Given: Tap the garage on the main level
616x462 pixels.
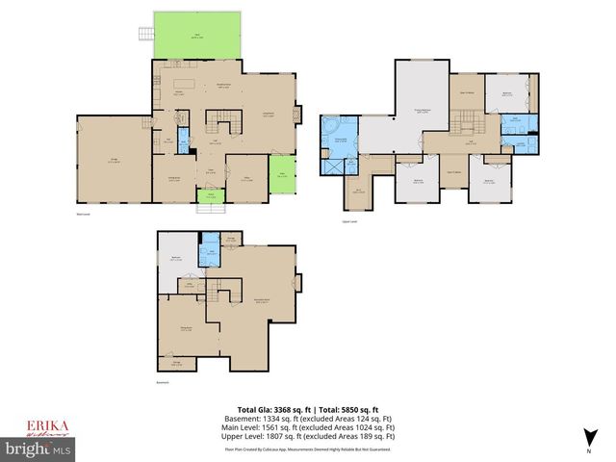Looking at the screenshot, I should click(114, 162).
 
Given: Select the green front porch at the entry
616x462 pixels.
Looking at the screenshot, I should click(205, 197).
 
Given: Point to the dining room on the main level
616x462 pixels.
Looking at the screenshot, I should click(173, 177).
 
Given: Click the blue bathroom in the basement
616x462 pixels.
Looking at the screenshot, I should click(205, 254).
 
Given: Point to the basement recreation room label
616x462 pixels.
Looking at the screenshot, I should click(260, 300).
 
